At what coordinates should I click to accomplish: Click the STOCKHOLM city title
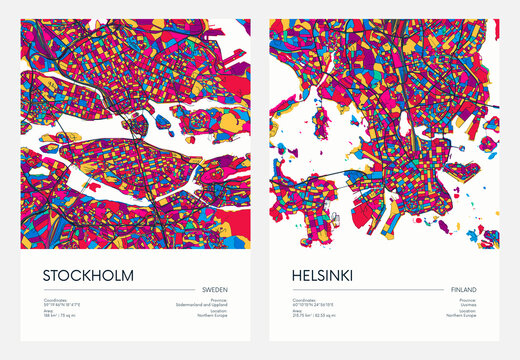click(x=88, y=274)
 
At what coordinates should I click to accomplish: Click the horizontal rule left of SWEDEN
click(x=119, y=290)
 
